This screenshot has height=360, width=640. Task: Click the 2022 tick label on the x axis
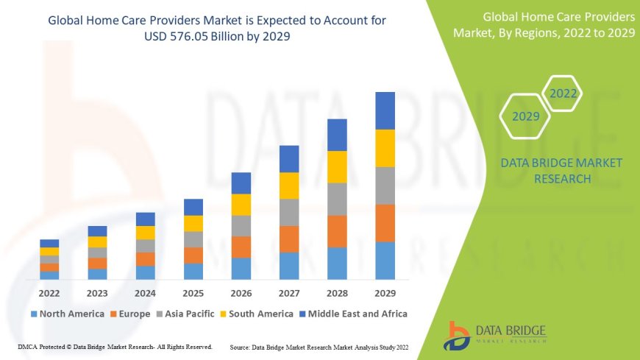pos(49,292)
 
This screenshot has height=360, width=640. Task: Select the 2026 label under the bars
pos(241,292)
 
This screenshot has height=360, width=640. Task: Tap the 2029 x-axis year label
pos(385,292)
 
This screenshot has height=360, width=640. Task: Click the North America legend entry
pos(67,314)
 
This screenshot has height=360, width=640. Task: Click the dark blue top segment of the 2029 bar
pos(385,110)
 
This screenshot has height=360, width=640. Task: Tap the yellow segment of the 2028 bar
pos(337,166)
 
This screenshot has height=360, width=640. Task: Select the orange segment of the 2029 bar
pos(385,223)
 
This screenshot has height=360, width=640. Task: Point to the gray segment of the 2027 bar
pos(289,212)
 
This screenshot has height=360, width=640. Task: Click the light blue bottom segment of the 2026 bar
pos(241,269)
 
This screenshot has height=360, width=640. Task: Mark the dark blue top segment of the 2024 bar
pos(146,219)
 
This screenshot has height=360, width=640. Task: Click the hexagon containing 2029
pos(526,116)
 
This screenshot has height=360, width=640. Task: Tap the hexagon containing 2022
pos(563,94)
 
